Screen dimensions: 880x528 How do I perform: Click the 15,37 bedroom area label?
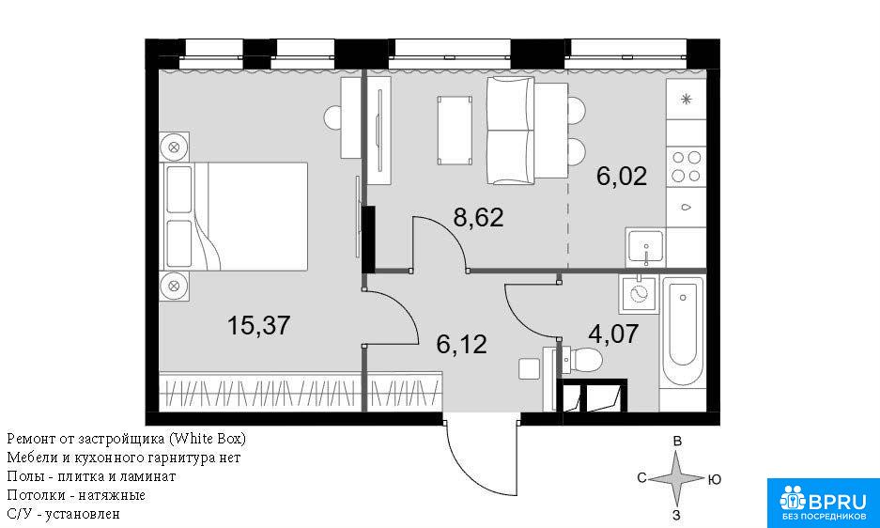(x=258, y=325)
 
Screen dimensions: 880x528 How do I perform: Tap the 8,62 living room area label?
(x=478, y=217)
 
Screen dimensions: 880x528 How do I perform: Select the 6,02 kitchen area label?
(x=622, y=177)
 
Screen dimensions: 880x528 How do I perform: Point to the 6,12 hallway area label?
(x=461, y=344)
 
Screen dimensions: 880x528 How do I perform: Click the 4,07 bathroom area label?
(x=613, y=334)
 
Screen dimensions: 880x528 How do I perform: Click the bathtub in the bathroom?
(x=683, y=331)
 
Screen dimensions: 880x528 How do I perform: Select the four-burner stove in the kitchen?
(x=686, y=166)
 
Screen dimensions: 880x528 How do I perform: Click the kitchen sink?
(x=645, y=246)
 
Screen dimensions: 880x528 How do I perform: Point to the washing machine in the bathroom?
(x=639, y=294)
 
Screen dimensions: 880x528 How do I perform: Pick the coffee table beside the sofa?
(x=454, y=131)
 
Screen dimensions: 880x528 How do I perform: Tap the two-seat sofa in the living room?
(x=510, y=131)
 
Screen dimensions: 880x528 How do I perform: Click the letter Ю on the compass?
(x=715, y=480)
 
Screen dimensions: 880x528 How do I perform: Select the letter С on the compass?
(x=642, y=478)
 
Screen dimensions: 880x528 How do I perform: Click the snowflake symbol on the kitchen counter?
(x=686, y=100)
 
